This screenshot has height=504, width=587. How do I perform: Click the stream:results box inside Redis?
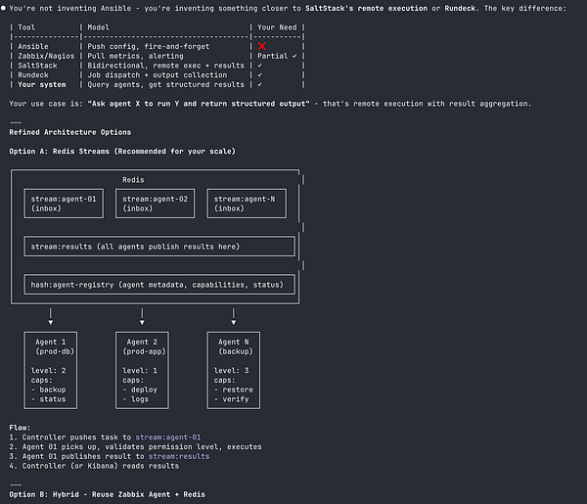click(158, 247)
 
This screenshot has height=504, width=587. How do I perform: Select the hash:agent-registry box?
click(158, 285)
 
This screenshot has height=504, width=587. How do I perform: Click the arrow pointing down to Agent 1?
click(51, 317)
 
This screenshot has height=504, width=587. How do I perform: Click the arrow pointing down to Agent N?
click(233, 317)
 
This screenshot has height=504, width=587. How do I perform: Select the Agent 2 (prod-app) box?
click(142, 370)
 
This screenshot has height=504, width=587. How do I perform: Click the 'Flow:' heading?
click(20, 427)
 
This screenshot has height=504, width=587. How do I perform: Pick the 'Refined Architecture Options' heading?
click(69, 132)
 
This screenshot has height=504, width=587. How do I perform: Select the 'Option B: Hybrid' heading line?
click(108, 494)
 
